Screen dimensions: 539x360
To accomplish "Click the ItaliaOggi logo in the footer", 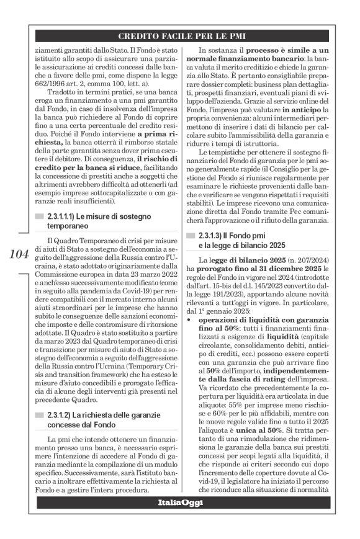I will [180, 502].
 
